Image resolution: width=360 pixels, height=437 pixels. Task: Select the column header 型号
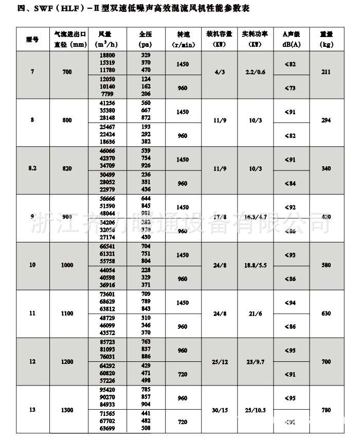pyautogui.click(x=32, y=39)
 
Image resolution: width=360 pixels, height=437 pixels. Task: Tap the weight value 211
pyautogui.click(x=325, y=72)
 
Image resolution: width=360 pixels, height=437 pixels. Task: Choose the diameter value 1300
pyautogui.click(x=67, y=410)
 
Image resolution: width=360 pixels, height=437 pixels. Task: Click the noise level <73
pyautogui.click(x=290, y=89)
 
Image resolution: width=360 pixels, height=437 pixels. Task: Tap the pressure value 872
pyautogui.click(x=146, y=118)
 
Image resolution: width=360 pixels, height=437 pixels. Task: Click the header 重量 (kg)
pyautogui.click(x=325, y=39)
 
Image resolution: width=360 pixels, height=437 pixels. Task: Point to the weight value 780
pyautogui.click(x=325, y=410)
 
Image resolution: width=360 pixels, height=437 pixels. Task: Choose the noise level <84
pyautogui.click(x=290, y=184)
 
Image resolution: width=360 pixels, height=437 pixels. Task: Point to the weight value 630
pyautogui.click(x=325, y=313)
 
